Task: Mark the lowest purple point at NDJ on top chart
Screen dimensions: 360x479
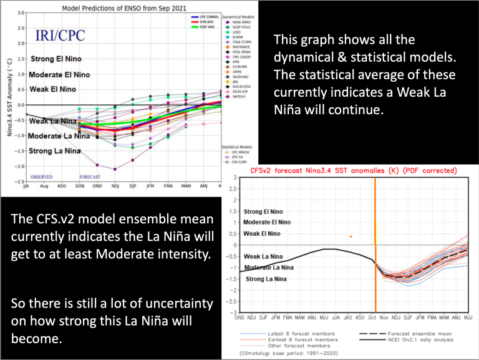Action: click(114, 169)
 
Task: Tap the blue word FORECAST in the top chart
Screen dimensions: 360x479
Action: click(90, 177)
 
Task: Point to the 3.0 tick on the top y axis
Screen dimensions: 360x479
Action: click(21, 12)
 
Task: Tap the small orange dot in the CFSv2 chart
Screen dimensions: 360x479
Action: click(351, 236)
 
